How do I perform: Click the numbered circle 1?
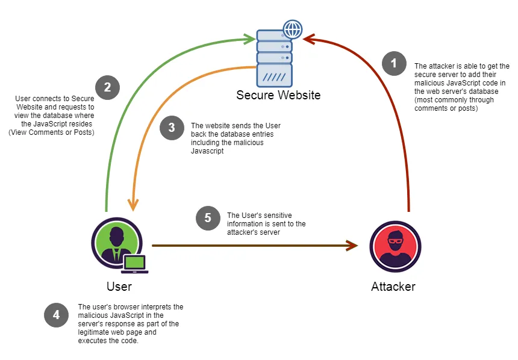394,63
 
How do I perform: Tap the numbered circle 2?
107,87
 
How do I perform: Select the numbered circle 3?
172,128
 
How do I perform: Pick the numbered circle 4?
56,315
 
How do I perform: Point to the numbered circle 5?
208,218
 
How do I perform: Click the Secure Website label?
278,95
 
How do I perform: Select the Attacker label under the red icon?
393,286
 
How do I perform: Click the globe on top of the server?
293,28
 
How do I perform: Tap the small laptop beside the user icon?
136,264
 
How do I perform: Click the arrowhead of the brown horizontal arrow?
354,246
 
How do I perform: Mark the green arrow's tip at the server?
252,39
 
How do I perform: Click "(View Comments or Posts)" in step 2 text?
51,132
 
